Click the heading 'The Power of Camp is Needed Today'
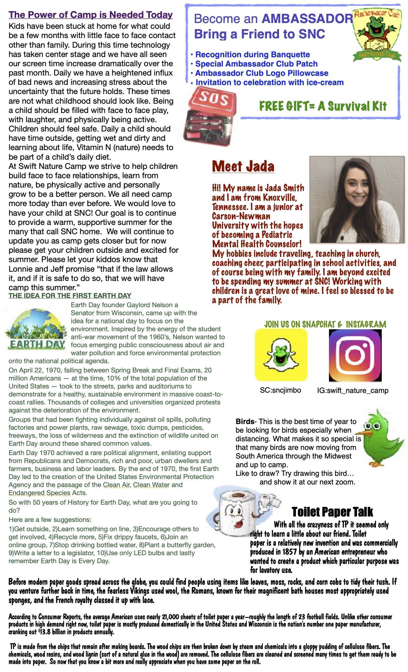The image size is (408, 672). tap(91, 15)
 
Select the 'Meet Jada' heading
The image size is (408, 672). tap(243, 166)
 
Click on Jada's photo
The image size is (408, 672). tap(357, 199)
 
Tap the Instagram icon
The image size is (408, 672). tap(355, 356)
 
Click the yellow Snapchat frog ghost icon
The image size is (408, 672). tap(281, 355)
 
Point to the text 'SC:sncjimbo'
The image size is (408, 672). tap(280, 390)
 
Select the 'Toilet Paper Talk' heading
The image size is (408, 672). tap(332, 512)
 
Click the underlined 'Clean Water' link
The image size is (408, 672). tap(151, 485)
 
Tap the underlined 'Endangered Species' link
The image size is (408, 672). tap(39, 493)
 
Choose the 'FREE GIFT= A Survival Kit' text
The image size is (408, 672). tap(323, 106)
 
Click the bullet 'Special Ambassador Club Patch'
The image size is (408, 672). tap(256, 64)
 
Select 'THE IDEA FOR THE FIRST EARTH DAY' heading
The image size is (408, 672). tap(70, 296)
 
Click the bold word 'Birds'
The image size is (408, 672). tap(245, 421)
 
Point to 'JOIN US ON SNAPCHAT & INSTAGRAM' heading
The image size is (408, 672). tap(325, 324)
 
